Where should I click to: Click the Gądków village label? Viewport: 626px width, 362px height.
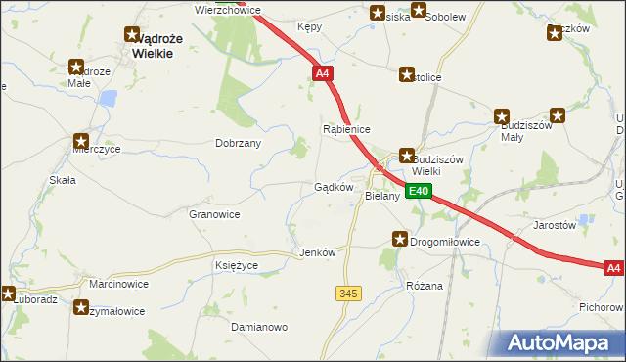pyautogui.click(x=333, y=187)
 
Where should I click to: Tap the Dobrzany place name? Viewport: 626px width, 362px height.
pyautogui.click(x=238, y=143)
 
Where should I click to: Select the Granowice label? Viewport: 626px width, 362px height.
pyautogui.click(x=214, y=213)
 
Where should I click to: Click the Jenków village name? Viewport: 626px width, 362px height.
pyautogui.click(x=317, y=252)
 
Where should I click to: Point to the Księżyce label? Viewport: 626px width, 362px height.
pyautogui.click(x=236, y=265)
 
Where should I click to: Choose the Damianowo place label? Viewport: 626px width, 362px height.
pyautogui.click(x=258, y=326)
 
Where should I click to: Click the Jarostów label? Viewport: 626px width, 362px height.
pyautogui.click(x=554, y=225)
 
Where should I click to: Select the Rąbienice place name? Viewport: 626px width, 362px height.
pyautogui.click(x=346, y=129)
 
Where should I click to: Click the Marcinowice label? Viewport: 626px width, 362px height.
pyautogui.click(x=118, y=284)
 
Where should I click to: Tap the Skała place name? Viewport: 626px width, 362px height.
pyautogui.click(x=63, y=181)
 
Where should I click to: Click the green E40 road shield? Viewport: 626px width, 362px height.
pyautogui.click(x=419, y=192)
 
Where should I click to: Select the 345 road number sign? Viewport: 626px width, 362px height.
pyautogui.click(x=347, y=294)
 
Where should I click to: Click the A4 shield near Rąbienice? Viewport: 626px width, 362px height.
pyautogui.click(x=323, y=73)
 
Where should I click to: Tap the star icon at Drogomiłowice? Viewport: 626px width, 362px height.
pyautogui.click(x=400, y=239)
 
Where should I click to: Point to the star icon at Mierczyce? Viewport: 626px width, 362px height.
pyautogui.click(x=81, y=141)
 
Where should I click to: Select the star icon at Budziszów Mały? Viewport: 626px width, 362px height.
pyautogui.click(x=503, y=115)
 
